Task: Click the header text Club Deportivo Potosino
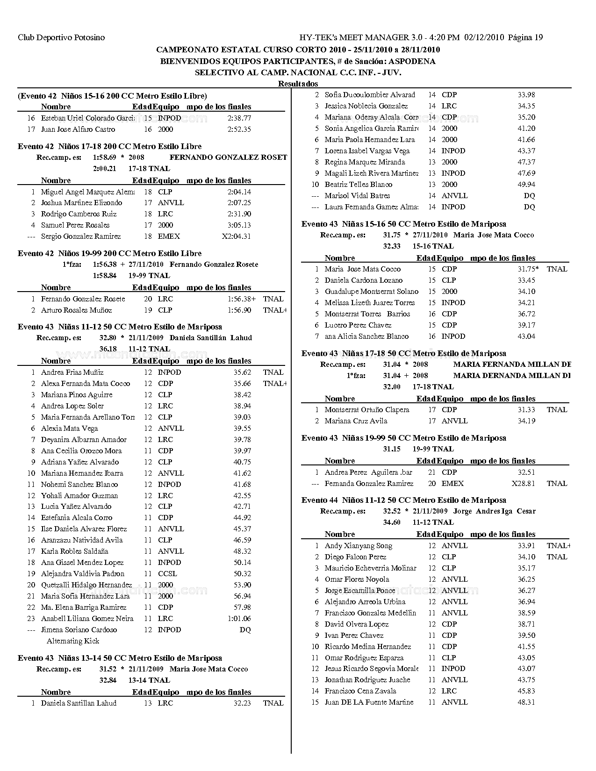61,37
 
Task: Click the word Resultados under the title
298,84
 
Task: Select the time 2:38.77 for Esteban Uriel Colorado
239,118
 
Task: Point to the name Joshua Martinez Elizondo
81,203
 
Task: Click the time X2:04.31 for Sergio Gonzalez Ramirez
236,236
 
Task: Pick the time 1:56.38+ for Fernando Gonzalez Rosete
242,299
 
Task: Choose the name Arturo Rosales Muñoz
76,310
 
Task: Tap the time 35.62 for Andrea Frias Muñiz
242,372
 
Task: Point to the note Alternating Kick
73,641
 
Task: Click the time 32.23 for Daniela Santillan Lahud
242,703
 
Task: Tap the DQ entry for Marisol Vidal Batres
529,196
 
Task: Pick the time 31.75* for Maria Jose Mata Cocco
528,269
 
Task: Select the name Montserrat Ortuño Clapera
367,410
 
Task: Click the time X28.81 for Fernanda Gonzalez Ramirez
523,484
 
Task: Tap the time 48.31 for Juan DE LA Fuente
526,702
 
